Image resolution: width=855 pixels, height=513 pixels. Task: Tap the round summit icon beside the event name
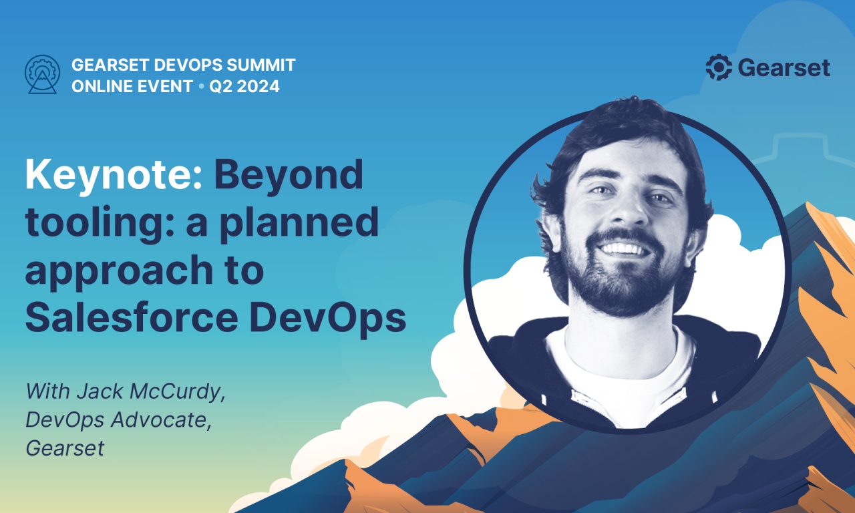point(42,74)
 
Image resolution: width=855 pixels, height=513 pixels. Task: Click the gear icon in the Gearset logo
point(719,67)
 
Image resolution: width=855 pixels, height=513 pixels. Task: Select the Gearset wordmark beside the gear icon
point(784,68)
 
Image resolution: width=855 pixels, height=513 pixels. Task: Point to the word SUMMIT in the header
point(259,65)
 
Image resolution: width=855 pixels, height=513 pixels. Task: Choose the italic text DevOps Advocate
point(117,419)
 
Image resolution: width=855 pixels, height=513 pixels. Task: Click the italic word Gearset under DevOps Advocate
point(65,448)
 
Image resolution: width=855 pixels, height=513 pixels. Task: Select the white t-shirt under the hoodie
point(618,374)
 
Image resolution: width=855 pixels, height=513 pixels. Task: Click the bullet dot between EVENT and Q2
point(200,87)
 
